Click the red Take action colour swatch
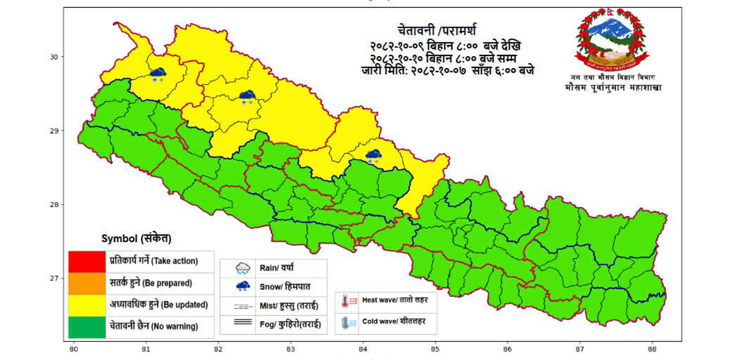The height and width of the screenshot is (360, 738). pyautogui.click(x=87, y=260)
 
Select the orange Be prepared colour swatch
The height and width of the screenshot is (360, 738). pyautogui.click(x=87, y=283)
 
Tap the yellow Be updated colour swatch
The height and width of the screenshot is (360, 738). pyautogui.click(x=87, y=304)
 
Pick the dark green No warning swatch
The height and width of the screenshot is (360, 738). pyautogui.click(x=87, y=326)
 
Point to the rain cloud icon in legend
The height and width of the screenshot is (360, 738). pyautogui.click(x=242, y=268)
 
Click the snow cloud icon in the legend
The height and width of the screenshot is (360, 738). pyautogui.click(x=242, y=287)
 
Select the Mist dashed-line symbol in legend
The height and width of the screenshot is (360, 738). pyautogui.click(x=242, y=306)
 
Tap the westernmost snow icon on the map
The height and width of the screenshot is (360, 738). pyautogui.click(x=157, y=74)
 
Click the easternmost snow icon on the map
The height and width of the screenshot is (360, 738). pyautogui.click(x=373, y=156)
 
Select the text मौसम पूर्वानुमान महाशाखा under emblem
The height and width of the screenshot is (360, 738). pyautogui.click(x=613, y=88)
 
